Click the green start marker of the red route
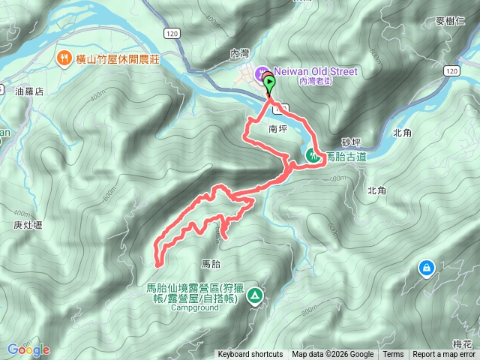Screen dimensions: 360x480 click(270, 85)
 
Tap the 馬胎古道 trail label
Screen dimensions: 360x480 click(346, 157)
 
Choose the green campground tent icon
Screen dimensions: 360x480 click(256, 296)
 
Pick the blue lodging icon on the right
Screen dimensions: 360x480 click(426, 267)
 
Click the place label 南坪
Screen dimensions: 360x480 click(277, 129)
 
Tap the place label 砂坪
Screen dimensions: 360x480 click(351, 141)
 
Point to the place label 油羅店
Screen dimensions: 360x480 click(30, 91)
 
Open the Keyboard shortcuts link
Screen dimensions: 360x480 click(250, 355)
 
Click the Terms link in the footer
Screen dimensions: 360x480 click(393, 355)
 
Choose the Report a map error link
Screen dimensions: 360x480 click(445, 355)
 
